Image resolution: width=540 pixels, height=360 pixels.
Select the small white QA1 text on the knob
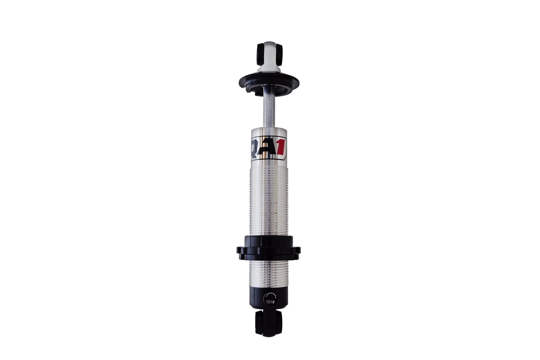[270, 302]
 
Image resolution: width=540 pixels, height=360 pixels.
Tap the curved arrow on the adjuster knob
[270, 295]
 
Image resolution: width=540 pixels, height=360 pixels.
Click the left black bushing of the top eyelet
[261, 54]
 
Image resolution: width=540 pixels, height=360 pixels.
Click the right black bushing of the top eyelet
[279, 54]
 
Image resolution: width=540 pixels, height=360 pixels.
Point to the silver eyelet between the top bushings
[270, 56]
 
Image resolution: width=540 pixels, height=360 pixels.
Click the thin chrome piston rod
[269, 111]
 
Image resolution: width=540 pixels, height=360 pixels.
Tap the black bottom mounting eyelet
[268, 323]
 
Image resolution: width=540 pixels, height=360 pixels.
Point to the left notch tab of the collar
[239, 250]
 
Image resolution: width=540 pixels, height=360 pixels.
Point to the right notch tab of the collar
[298, 250]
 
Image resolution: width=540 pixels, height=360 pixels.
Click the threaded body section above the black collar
[269, 202]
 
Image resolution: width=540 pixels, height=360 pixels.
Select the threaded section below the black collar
[269, 273]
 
